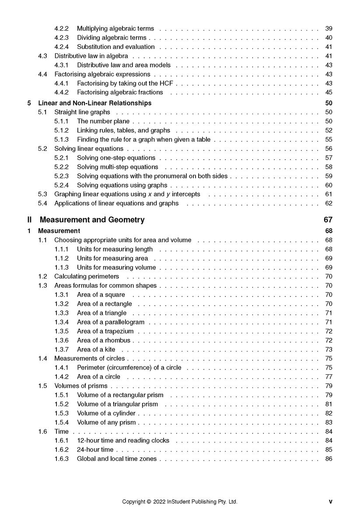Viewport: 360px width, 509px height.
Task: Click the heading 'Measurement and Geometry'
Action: (x=92, y=220)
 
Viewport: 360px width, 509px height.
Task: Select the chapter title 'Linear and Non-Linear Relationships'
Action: (x=95, y=103)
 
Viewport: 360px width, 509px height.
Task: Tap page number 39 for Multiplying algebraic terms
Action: (x=329, y=28)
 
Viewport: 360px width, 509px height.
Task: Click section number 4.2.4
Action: (x=61, y=47)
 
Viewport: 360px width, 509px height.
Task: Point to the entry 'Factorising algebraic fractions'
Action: (x=120, y=92)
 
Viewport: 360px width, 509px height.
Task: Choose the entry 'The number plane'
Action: (x=104, y=121)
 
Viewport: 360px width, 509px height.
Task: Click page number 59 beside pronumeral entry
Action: (x=329, y=176)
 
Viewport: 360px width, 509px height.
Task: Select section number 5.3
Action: (x=42, y=194)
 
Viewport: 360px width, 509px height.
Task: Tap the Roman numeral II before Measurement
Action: (x=29, y=220)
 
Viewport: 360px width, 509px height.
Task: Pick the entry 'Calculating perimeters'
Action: (x=87, y=276)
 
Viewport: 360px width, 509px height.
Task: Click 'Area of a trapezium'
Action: (x=105, y=331)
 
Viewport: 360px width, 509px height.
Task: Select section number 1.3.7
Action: (x=61, y=349)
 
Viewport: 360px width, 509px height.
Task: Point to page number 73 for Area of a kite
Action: (x=329, y=349)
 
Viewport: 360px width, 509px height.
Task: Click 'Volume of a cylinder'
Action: (x=106, y=413)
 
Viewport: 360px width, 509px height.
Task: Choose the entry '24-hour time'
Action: (x=95, y=450)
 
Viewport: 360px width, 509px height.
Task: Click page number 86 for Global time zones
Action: (x=329, y=459)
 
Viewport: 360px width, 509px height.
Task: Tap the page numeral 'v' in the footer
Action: (x=330, y=502)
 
